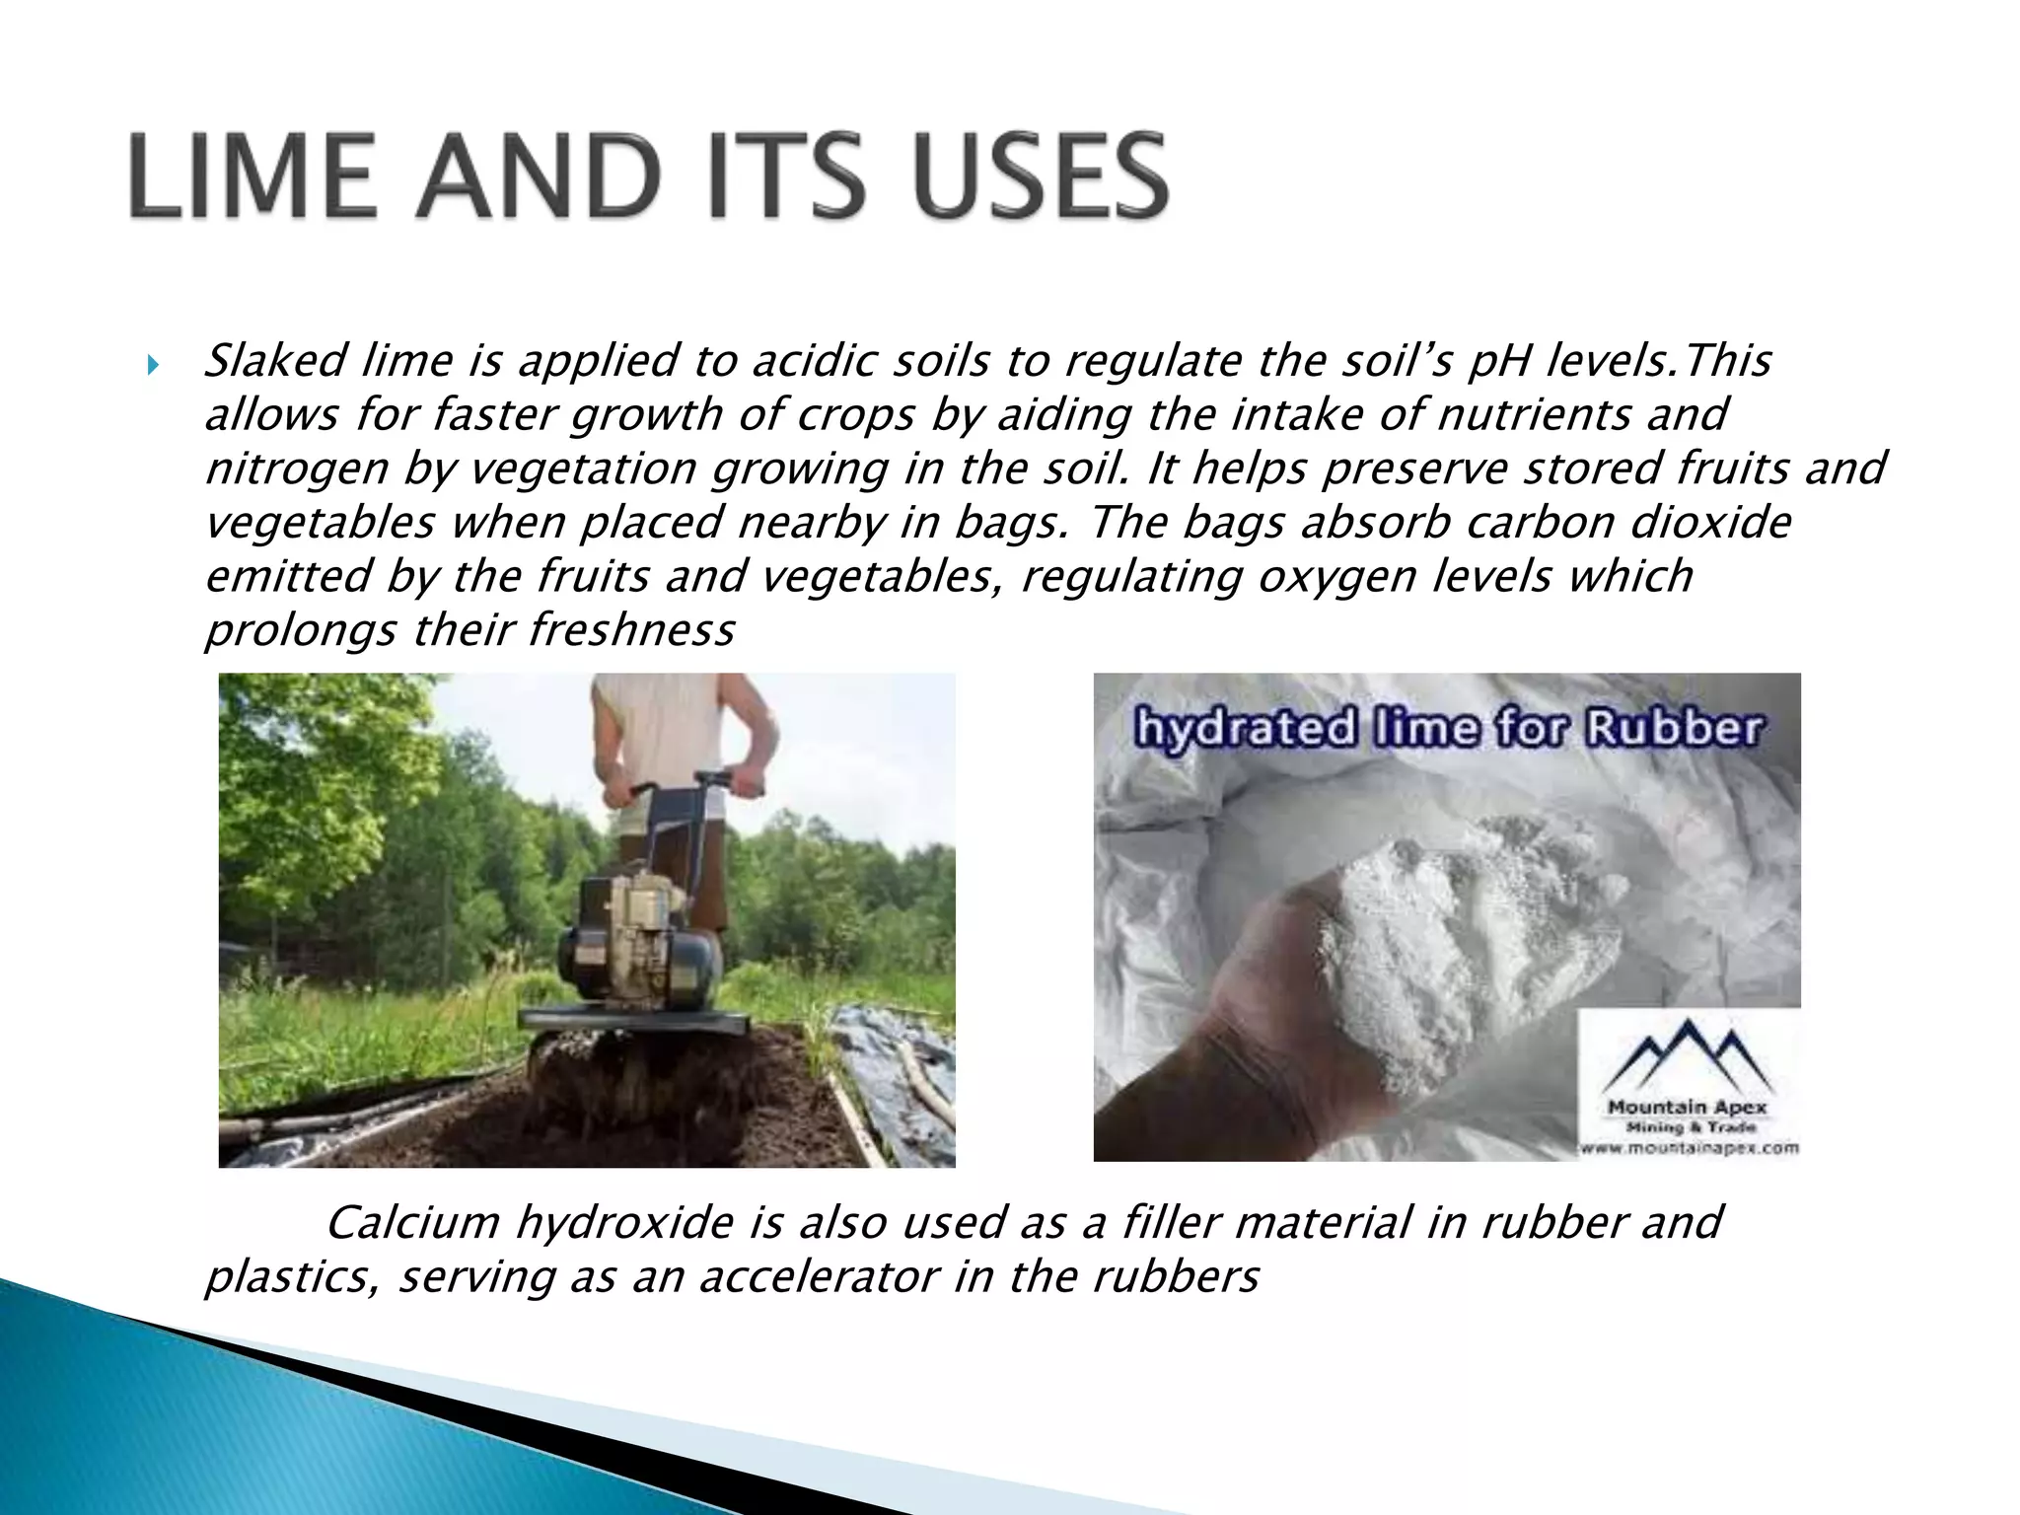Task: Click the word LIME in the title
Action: [252, 178]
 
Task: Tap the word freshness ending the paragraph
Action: [632, 630]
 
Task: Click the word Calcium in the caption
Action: [412, 1223]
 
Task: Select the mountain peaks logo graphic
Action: [1689, 1055]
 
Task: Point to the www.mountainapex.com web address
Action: [1688, 1147]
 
